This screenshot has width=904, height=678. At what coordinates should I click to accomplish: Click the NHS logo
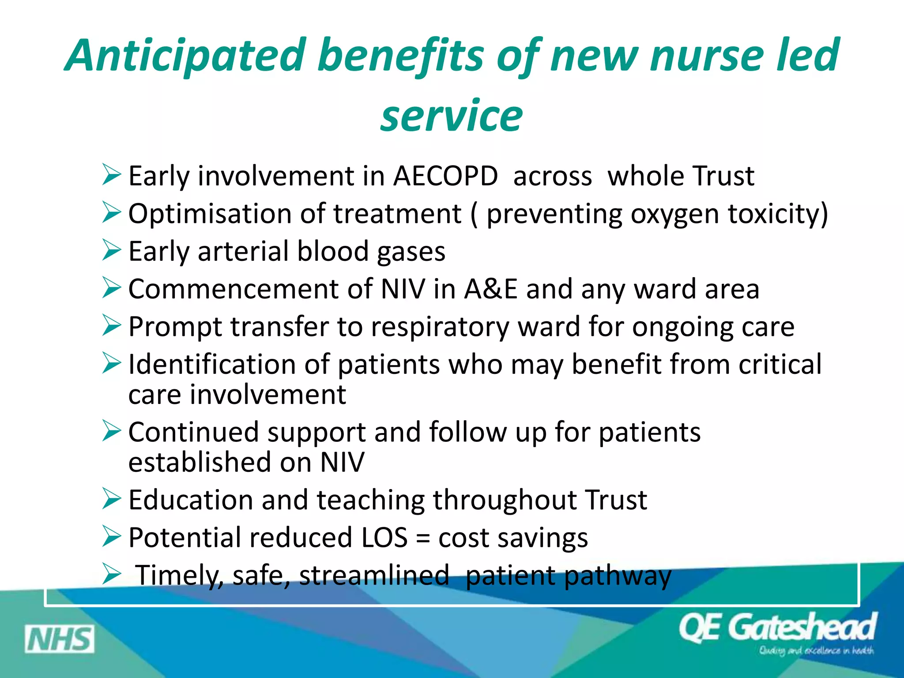[60, 639]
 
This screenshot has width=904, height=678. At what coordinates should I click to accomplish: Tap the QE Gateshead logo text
[777, 627]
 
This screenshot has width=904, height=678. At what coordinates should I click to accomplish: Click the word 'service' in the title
[452, 116]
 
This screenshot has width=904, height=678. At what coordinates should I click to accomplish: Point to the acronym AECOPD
[445, 176]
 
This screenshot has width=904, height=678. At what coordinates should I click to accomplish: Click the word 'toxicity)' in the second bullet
[778, 214]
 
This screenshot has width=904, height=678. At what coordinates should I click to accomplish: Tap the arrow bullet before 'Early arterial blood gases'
[111, 250]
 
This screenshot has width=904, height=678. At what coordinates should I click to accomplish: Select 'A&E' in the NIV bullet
[490, 289]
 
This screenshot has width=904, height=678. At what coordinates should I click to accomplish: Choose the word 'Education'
[190, 500]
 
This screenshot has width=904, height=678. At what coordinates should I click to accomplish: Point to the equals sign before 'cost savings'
[423, 539]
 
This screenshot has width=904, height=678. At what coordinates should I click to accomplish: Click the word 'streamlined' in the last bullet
[374, 575]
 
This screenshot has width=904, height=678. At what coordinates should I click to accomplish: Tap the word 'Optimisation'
[210, 214]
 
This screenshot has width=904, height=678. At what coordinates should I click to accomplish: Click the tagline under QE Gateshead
[816, 651]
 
